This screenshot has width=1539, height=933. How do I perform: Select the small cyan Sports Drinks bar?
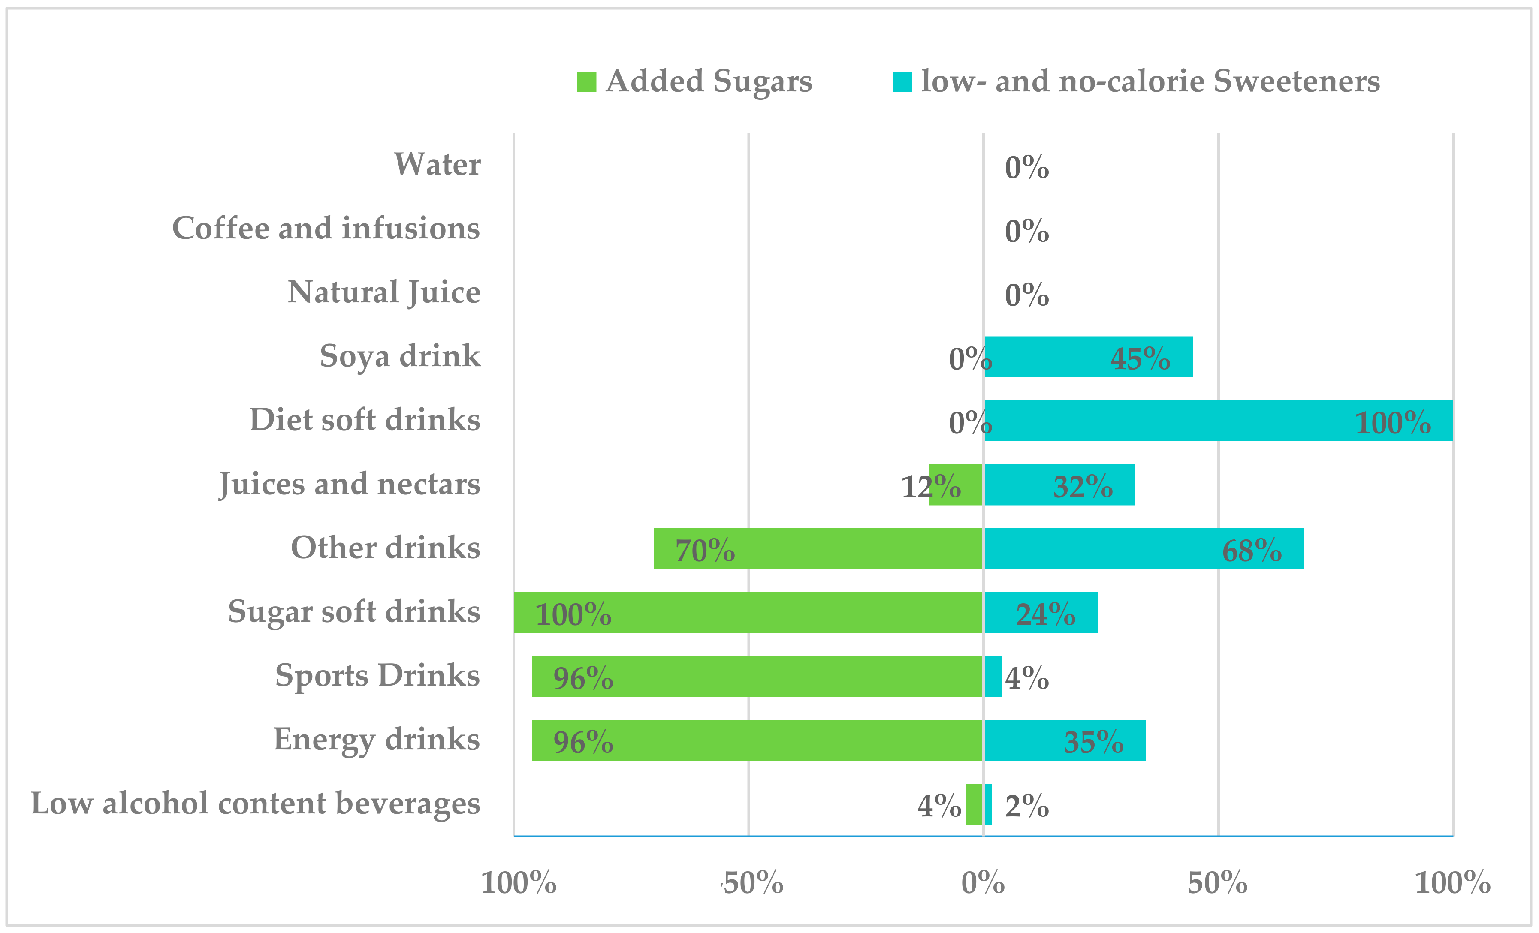pyautogui.click(x=993, y=676)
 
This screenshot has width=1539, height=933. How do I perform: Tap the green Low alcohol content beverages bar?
pyautogui.click(x=973, y=804)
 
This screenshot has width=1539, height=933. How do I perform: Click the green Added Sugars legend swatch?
pyautogui.click(x=586, y=82)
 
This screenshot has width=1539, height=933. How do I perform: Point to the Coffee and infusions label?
pyautogui.click(x=326, y=228)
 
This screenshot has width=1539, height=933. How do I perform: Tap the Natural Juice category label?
pyautogui.click(x=383, y=292)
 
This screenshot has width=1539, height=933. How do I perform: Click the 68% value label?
pyautogui.click(x=1251, y=550)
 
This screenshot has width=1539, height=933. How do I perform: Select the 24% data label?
pyautogui.click(x=1045, y=614)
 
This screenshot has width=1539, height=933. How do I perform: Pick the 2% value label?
pyautogui.click(x=1026, y=806)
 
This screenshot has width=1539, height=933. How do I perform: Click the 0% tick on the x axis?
pyautogui.click(x=983, y=882)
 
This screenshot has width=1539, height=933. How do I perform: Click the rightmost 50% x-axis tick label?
pyautogui.click(x=1217, y=882)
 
